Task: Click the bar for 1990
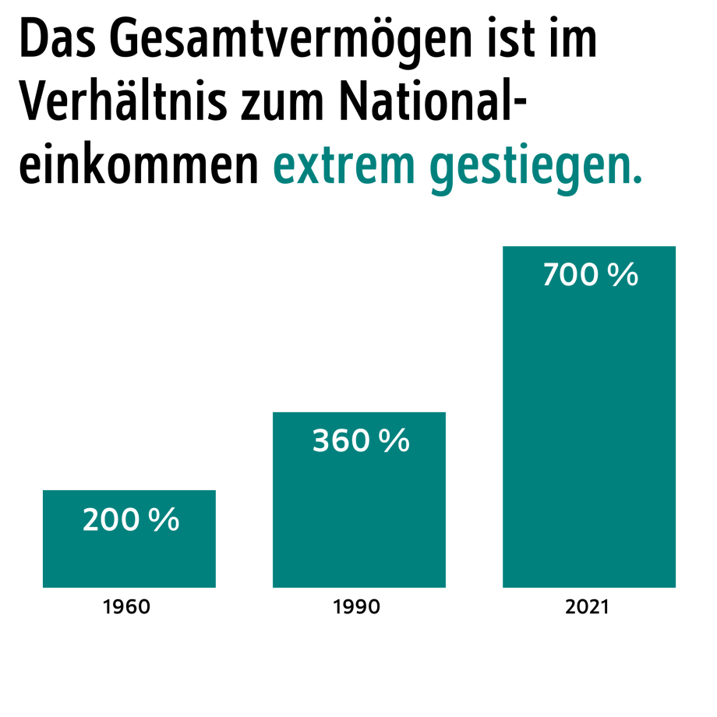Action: coord(358,514)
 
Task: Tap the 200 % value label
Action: coord(131,521)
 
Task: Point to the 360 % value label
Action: coord(361,441)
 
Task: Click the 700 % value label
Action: coord(590,275)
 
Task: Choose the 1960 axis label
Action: coord(127,606)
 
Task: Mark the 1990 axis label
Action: coord(357,606)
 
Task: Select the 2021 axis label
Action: coord(587,606)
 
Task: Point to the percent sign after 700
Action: coord(622,275)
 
